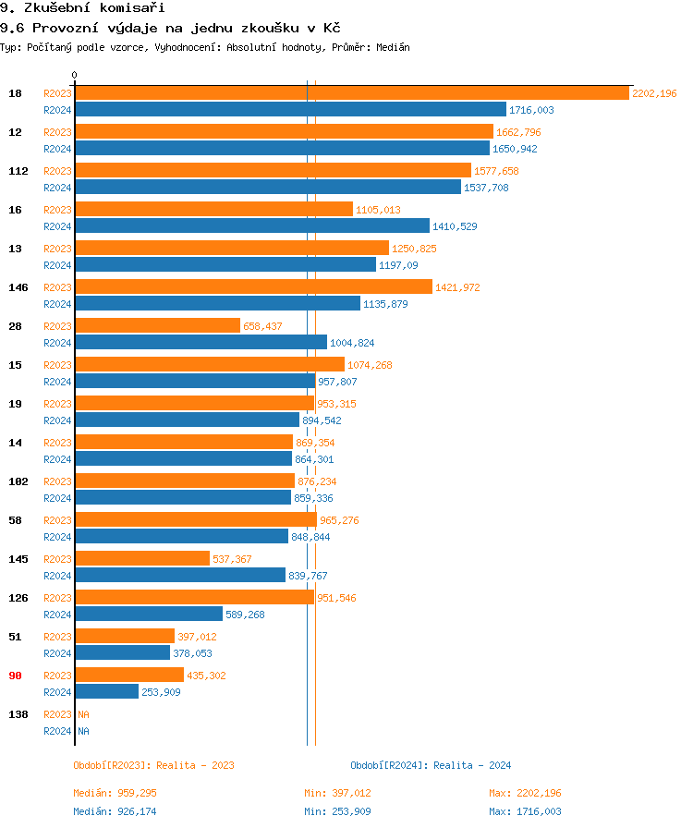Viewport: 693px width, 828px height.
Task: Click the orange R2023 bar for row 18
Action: [351, 93]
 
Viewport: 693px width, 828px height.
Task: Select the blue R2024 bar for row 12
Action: [282, 149]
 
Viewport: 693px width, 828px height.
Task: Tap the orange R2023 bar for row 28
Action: [157, 326]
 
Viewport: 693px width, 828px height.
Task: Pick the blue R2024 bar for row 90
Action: [106, 692]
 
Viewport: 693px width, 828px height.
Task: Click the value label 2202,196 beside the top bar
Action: [654, 93]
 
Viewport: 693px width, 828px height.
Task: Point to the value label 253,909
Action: [161, 692]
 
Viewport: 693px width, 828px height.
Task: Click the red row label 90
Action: [15, 676]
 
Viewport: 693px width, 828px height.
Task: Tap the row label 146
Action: [18, 287]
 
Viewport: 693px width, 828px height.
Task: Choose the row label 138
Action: [18, 714]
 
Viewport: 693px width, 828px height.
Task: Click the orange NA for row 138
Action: [83, 714]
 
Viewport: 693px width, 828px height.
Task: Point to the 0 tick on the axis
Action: [75, 75]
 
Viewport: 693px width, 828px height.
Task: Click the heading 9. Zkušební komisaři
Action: [69, 8]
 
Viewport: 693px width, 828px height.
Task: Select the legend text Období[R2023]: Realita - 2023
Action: [153, 765]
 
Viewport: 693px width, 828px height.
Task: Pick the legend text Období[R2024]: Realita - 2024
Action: [431, 765]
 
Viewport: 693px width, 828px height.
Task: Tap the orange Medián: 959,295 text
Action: [121, 793]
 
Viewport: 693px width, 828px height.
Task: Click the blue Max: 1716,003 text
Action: [525, 811]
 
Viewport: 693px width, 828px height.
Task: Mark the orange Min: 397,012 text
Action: [337, 793]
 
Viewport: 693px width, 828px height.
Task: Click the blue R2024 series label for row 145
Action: [57, 576]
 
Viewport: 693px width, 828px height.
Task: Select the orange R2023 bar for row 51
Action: [125, 637]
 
